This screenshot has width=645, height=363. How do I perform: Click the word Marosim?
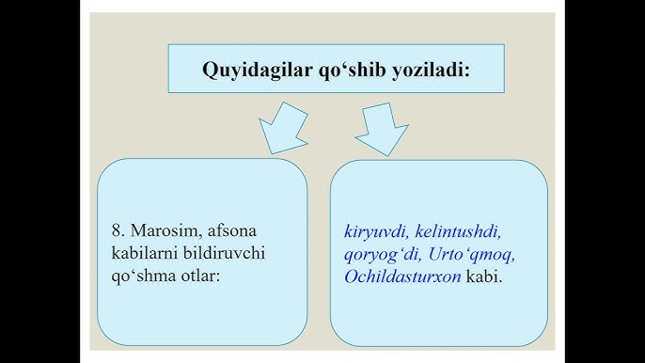point(162,229)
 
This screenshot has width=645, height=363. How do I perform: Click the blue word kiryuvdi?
point(375,229)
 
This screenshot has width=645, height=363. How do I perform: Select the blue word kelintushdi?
point(459,229)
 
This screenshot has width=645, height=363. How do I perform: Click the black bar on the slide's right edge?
point(605,181)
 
